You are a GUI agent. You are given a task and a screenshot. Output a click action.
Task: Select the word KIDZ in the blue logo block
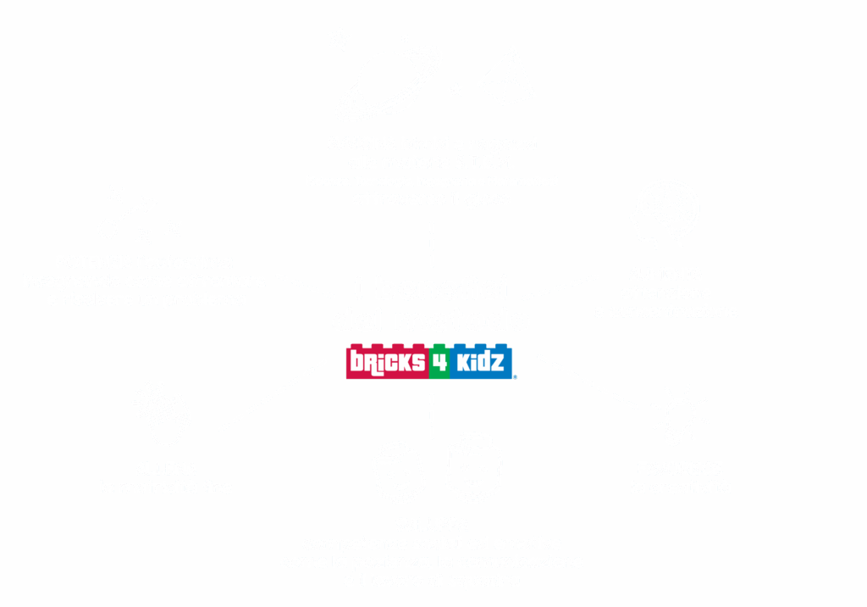483,363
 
